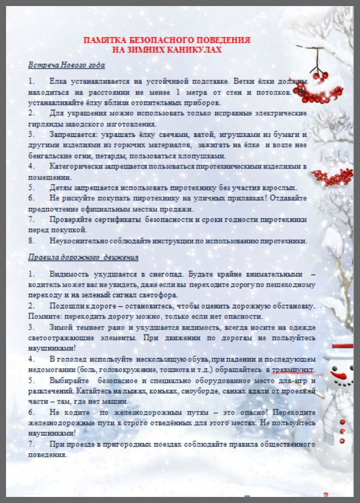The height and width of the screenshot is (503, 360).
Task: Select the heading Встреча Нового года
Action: (66, 65)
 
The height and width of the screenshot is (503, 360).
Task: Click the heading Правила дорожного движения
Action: (83, 258)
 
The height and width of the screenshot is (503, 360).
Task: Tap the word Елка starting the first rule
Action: (58, 81)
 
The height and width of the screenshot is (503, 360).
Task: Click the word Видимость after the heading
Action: (68, 274)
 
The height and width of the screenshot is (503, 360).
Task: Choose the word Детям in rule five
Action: (61, 188)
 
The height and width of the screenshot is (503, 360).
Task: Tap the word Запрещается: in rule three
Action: (74, 135)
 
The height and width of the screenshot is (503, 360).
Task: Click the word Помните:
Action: (45, 316)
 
